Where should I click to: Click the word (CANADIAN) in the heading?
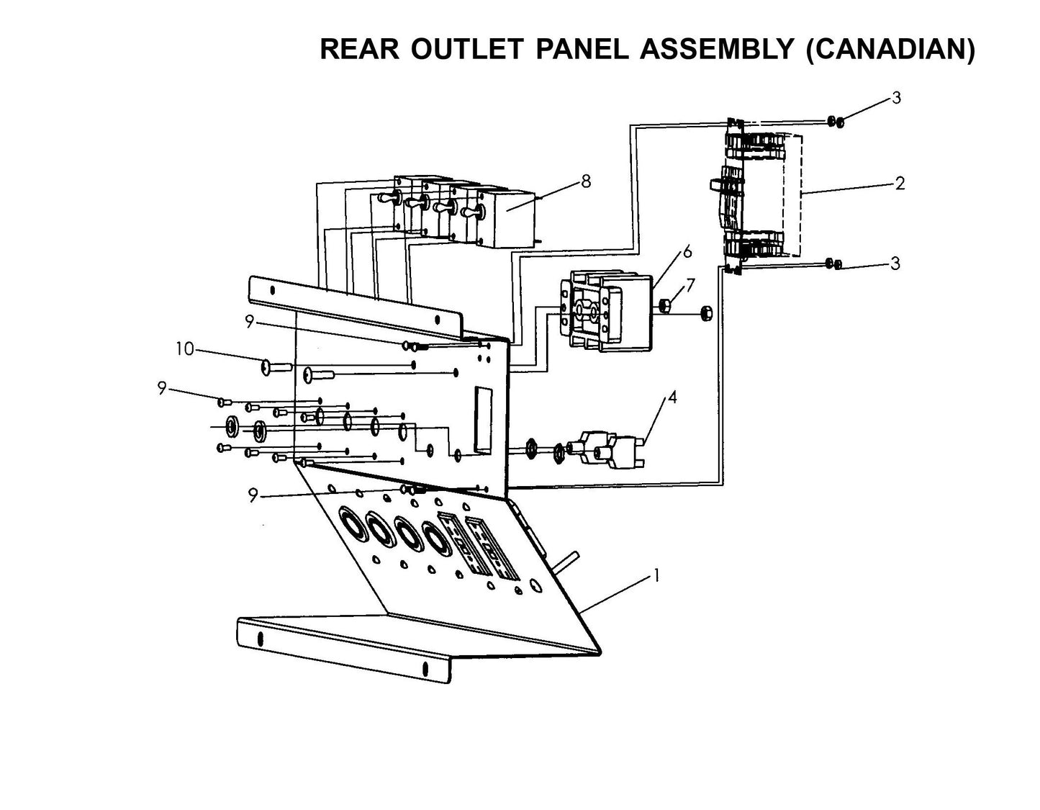pos(890,49)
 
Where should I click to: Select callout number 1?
pos(655,575)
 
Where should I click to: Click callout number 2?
pos(900,184)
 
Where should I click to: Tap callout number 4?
pos(672,397)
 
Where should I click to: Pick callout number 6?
pos(687,251)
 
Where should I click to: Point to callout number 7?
pos(690,285)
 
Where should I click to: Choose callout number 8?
pos(586,181)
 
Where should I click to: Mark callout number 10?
pos(185,349)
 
